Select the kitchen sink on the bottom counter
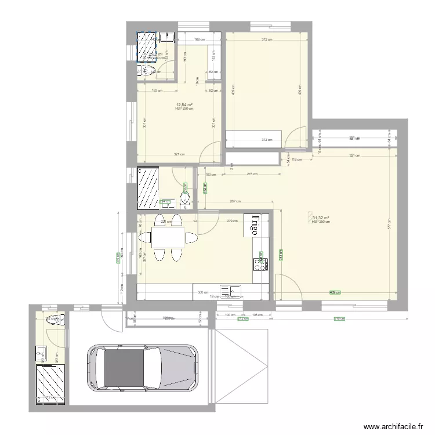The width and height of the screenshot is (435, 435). click(230, 289)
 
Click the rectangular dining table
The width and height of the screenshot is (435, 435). click(168, 238)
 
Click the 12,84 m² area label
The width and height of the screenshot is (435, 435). click(184, 106)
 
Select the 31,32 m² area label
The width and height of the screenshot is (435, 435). click(321, 218)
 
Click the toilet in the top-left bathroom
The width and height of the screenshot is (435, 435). click(147, 71)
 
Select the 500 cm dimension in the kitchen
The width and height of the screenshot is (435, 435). click(203, 293)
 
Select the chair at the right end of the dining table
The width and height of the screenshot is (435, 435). click(190, 238)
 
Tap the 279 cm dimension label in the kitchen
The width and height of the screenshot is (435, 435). click(231, 221)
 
